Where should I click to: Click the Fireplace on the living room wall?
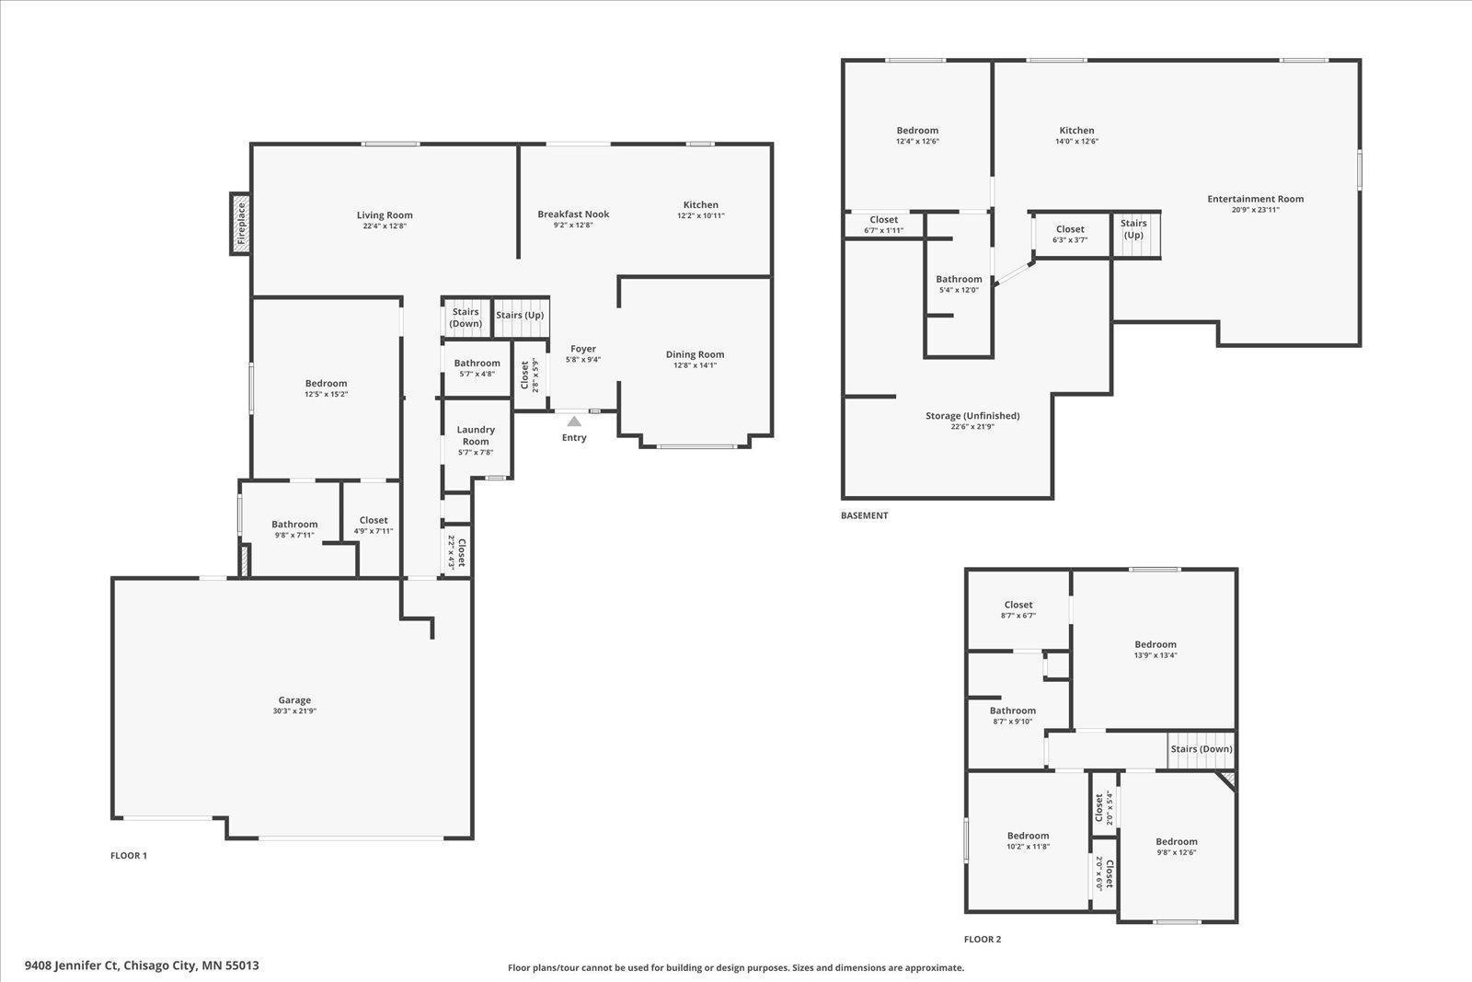(240, 223)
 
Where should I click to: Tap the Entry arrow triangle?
(574, 422)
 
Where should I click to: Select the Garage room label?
(294, 700)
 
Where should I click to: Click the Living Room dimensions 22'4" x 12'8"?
(385, 226)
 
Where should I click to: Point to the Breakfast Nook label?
(573, 214)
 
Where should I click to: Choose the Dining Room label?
(695, 354)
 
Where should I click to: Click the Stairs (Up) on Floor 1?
(521, 318)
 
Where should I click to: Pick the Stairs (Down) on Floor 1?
(466, 318)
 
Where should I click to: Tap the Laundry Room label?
(476, 435)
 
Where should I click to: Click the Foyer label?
(583, 349)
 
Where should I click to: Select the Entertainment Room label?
(1255, 199)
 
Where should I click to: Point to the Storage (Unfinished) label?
(972, 415)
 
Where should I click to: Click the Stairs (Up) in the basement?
(1135, 235)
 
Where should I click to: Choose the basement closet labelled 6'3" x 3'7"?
(1070, 234)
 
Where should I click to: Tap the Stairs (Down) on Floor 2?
(1202, 750)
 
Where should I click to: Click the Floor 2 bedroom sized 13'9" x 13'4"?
(1156, 650)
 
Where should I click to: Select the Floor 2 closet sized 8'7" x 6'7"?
(1018, 610)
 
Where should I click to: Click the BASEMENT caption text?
(864, 515)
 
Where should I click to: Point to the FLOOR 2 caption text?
(983, 940)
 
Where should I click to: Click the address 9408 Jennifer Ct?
(72, 965)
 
